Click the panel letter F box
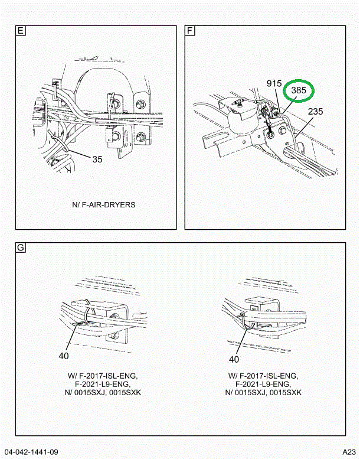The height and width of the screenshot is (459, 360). point(190,31)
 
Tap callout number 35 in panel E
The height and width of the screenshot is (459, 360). point(97,159)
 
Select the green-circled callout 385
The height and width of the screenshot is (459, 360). point(299,91)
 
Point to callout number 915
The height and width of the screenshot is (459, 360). point(274,84)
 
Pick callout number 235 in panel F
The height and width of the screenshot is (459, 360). point(315,110)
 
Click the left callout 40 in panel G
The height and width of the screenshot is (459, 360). point(64,356)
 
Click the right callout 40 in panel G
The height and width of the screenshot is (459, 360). point(234,359)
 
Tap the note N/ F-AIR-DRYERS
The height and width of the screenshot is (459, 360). point(104,204)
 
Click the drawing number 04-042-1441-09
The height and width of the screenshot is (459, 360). point(31,452)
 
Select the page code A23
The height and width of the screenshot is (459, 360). point(348,452)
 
